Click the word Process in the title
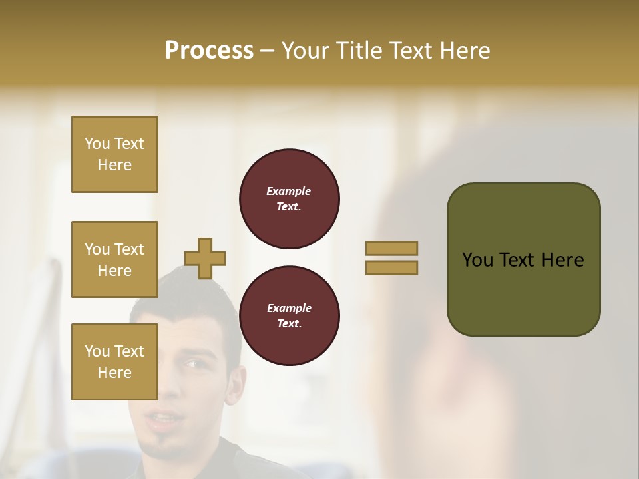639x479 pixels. [x=209, y=51]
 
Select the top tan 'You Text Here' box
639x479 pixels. [x=114, y=154]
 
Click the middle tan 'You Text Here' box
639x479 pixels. [x=114, y=259]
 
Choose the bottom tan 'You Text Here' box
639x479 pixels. [x=114, y=361]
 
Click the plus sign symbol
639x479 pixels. [x=205, y=258]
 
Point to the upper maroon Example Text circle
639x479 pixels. [x=289, y=199]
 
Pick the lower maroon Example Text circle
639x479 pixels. [x=289, y=316]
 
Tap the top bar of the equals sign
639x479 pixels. [x=391, y=248]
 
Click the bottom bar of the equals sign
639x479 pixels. [x=391, y=267]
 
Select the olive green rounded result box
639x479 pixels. [x=523, y=259]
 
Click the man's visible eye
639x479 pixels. [x=191, y=363]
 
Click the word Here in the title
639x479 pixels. [x=463, y=51]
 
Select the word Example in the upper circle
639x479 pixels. [x=288, y=191]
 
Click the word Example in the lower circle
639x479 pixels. [x=289, y=308]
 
